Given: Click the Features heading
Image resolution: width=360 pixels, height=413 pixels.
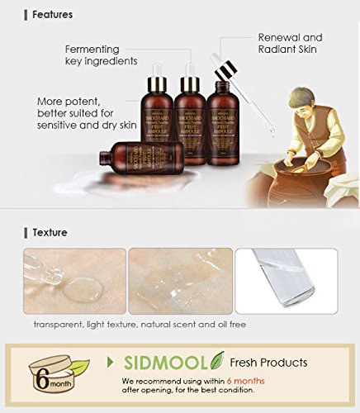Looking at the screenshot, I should coord(52,14).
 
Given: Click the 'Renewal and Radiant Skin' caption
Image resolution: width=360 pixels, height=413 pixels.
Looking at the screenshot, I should coord(289,43).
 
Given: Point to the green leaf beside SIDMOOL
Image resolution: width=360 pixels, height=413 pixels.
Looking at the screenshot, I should coord(217,360).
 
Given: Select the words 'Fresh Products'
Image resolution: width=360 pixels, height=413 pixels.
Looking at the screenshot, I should coord(269,363).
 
